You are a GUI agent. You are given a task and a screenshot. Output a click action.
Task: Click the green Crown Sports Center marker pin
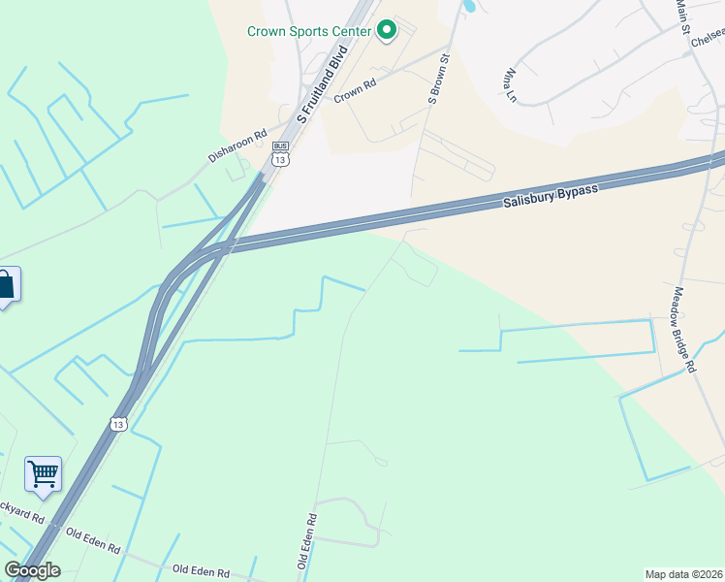click(x=386, y=31)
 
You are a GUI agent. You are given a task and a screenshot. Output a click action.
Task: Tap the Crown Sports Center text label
click(x=309, y=31)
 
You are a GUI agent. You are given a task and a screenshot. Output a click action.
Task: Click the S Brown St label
click(x=440, y=79)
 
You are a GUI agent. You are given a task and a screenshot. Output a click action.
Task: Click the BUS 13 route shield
click(x=280, y=156)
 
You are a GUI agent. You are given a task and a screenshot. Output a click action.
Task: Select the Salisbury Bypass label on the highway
click(x=550, y=196)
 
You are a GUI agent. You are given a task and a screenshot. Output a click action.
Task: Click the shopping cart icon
click(x=43, y=474)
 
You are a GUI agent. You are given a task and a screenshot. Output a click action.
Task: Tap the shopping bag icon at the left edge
click(x=7, y=284)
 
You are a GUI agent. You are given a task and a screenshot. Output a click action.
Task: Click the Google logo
click(x=31, y=570)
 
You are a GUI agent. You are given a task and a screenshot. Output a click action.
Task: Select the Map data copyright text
click(x=684, y=574)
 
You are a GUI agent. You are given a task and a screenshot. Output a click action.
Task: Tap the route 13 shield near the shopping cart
click(x=118, y=424)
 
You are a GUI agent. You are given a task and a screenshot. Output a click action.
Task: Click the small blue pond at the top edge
click(x=469, y=5)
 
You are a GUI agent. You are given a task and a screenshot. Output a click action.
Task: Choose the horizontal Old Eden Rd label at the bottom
click(x=201, y=572)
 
